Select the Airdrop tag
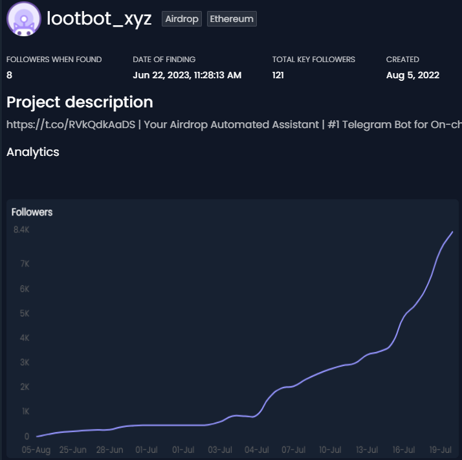point(182,19)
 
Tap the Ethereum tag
point(232,19)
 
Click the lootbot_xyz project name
point(99,18)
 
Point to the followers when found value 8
point(9,75)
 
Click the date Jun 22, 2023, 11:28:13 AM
point(187,75)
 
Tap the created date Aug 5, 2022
point(413,75)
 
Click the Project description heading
point(80,102)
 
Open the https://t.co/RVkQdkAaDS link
point(71,124)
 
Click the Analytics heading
point(32,152)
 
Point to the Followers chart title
point(32,212)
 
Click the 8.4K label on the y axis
point(21,230)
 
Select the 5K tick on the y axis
point(24,313)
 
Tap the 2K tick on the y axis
point(24,387)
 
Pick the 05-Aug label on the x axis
point(36,449)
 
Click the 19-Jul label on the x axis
point(441,449)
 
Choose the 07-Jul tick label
point(294,449)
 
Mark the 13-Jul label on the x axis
point(368,449)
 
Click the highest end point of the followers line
point(452,232)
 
